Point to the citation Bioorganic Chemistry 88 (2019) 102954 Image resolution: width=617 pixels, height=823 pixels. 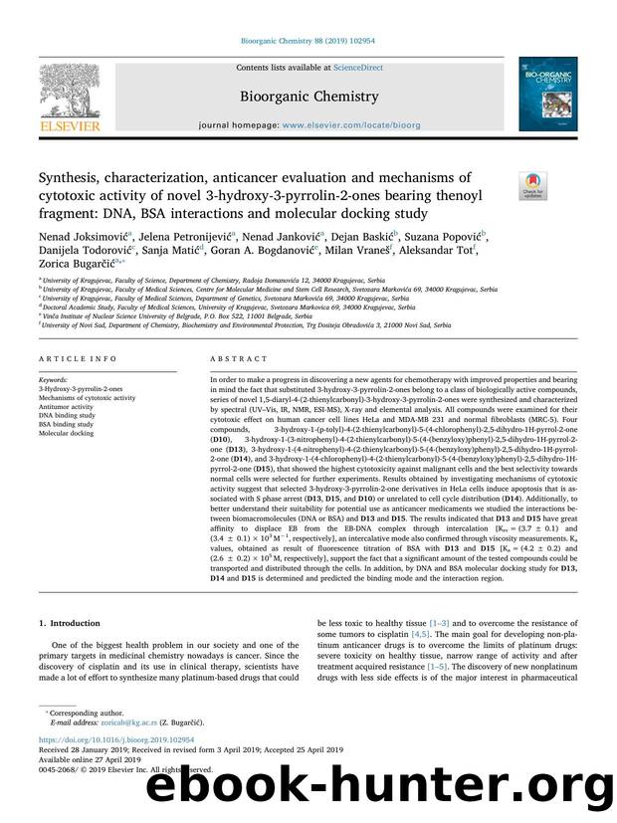click(308, 40)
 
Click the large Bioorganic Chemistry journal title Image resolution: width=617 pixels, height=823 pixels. click(308, 97)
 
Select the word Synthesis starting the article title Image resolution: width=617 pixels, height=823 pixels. click(71, 180)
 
